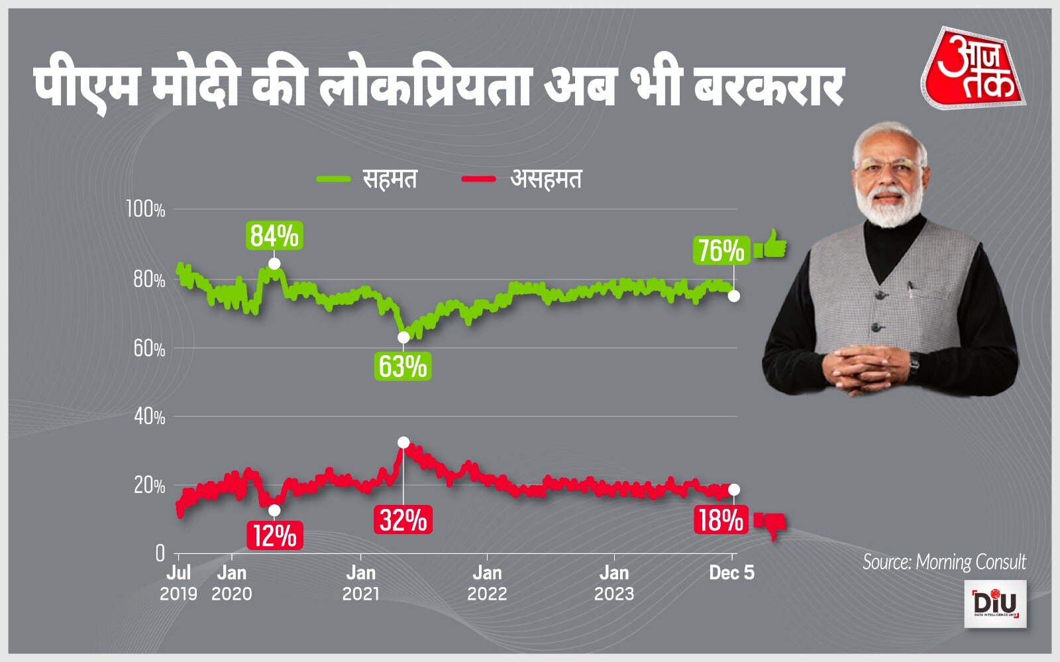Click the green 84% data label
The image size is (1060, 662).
(274, 237)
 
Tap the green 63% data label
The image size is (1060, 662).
(403, 366)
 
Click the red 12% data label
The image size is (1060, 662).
(275, 535)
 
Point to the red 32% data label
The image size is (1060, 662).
(403, 520)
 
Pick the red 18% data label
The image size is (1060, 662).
(720, 521)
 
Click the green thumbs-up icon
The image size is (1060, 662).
(770, 247)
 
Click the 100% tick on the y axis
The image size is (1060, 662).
(145, 211)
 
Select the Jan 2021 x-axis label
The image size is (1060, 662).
(361, 582)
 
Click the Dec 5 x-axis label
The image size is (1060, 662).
(731, 573)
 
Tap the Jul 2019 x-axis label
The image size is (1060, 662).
(178, 582)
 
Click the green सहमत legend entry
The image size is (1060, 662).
(368, 180)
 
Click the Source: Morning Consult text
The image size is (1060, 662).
(944, 563)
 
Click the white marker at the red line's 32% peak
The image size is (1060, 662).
(403, 443)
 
